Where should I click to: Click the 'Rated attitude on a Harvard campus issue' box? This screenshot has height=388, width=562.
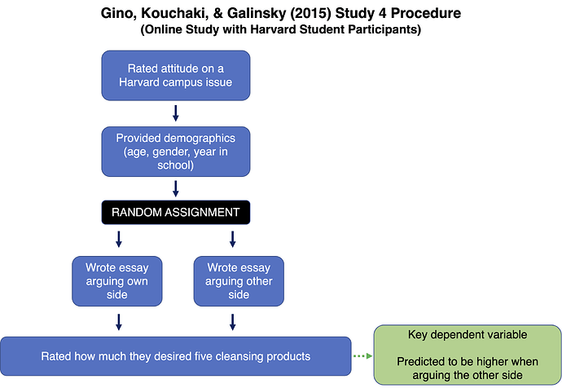pyautogui.click(x=176, y=75)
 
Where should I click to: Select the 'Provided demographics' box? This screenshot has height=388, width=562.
pyautogui.click(x=176, y=152)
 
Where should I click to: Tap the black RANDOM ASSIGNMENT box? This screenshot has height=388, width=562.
pyautogui.click(x=176, y=212)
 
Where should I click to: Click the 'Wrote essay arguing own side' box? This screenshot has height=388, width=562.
pyautogui.click(x=116, y=281)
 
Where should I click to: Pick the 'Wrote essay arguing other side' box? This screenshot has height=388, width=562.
pyautogui.click(x=239, y=281)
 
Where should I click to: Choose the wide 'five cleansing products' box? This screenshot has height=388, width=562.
pyautogui.click(x=176, y=356)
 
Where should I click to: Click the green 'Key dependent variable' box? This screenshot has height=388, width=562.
pyautogui.click(x=468, y=355)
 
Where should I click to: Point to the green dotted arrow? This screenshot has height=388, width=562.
pyautogui.click(x=362, y=356)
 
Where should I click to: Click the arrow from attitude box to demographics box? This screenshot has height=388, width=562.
pyautogui.click(x=176, y=113)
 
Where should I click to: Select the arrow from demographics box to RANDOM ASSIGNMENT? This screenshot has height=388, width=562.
pyautogui.click(x=176, y=189)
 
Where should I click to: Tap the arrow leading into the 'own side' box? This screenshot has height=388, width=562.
pyautogui.click(x=119, y=239)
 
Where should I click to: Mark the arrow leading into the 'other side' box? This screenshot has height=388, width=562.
pyautogui.click(x=233, y=239)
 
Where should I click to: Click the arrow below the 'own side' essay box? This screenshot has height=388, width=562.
pyautogui.click(x=119, y=322)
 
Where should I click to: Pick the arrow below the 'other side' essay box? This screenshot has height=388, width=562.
pyautogui.click(x=233, y=322)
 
